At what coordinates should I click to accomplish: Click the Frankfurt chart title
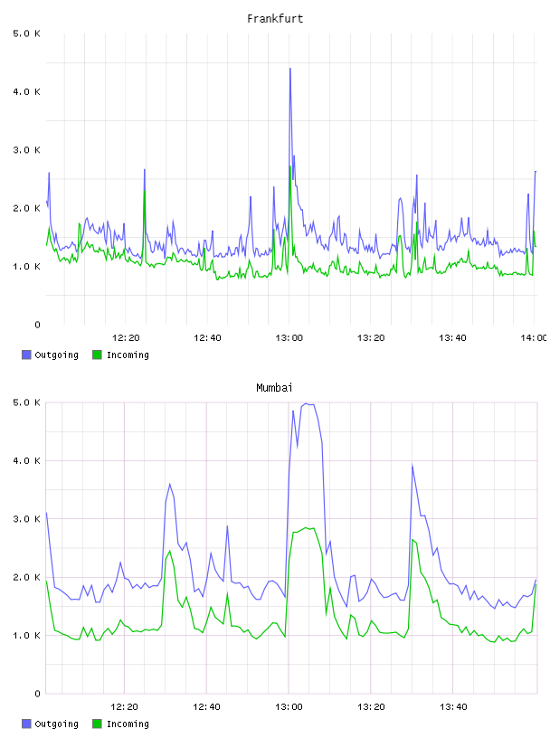(275, 18)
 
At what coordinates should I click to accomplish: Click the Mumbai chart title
(274, 387)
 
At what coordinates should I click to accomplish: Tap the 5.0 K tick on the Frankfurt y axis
(27, 33)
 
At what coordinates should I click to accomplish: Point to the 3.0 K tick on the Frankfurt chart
(27, 150)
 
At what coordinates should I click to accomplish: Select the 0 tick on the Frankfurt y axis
(37, 325)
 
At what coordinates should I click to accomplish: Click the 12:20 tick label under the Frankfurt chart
(126, 337)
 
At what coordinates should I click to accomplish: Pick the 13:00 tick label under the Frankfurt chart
(289, 337)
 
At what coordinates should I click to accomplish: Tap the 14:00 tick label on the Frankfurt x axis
(534, 337)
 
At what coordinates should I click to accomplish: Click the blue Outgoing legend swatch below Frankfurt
(26, 355)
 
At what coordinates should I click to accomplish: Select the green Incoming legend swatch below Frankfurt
(97, 355)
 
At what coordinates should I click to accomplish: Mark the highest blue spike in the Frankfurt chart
(290, 69)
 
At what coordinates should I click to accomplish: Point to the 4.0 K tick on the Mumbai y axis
(27, 460)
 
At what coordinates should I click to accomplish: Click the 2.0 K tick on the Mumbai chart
(27, 578)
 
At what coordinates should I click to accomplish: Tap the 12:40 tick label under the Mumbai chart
(206, 706)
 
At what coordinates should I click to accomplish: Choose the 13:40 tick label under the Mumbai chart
(453, 706)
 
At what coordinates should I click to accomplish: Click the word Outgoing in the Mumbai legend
(56, 724)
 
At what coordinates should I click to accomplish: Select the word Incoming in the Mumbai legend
(128, 724)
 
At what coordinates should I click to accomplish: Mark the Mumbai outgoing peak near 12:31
(169, 484)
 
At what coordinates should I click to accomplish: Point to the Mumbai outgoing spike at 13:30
(412, 466)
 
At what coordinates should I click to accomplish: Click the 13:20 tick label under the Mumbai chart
(371, 706)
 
